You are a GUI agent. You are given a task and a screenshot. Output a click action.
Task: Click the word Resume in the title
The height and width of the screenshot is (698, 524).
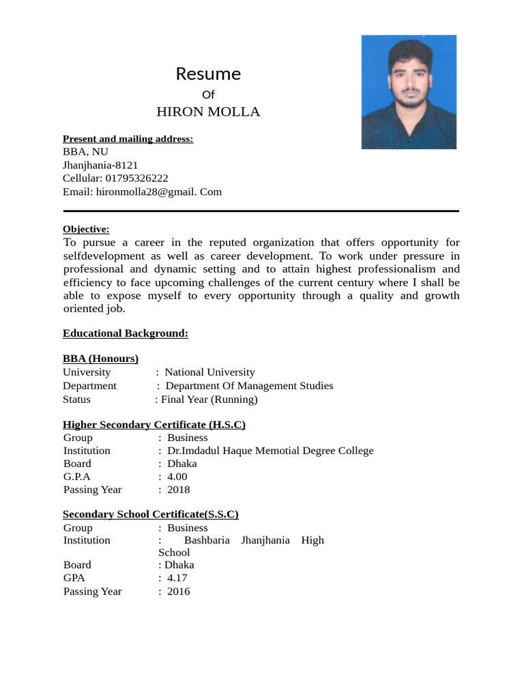(208, 74)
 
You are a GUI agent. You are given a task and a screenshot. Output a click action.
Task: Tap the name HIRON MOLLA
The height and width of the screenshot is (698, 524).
(208, 112)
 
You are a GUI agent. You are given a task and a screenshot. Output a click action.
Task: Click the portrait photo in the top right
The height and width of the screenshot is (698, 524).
(408, 92)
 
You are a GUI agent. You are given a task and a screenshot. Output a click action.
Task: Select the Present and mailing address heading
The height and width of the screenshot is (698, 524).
(128, 139)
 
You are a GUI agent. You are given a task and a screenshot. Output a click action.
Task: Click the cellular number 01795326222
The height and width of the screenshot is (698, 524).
(136, 178)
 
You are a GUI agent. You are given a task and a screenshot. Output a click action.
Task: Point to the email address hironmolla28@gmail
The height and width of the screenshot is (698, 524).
(146, 192)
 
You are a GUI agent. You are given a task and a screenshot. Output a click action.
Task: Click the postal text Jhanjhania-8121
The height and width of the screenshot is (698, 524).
(100, 165)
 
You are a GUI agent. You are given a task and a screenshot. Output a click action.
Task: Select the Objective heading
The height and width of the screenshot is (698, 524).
(86, 229)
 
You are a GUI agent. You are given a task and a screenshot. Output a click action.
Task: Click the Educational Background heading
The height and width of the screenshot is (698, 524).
(126, 333)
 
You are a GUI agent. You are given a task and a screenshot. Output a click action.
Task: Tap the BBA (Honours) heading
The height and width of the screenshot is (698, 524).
(100, 359)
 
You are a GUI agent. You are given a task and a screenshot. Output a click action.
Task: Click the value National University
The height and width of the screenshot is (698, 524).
(209, 372)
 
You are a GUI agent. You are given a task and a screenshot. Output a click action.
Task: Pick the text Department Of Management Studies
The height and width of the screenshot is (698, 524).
(249, 386)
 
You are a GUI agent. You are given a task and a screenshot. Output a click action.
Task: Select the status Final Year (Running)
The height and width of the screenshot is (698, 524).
(209, 399)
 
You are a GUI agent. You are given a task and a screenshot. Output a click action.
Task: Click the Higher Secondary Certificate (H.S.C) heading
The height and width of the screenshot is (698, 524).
(154, 425)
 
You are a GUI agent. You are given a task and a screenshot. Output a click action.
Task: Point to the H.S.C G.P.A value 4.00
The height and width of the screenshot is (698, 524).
(177, 476)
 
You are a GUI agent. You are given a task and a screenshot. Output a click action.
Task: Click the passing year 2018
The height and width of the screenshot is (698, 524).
(178, 489)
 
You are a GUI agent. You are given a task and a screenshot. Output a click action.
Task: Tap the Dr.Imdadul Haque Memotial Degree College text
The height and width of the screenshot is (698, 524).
(270, 451)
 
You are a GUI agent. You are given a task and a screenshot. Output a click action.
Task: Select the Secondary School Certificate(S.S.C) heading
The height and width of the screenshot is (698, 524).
(150, 515)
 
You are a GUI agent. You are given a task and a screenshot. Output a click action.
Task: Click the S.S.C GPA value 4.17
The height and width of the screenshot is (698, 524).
(177, 578)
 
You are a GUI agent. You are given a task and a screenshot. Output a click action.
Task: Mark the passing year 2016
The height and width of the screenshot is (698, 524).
(178, 592)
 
